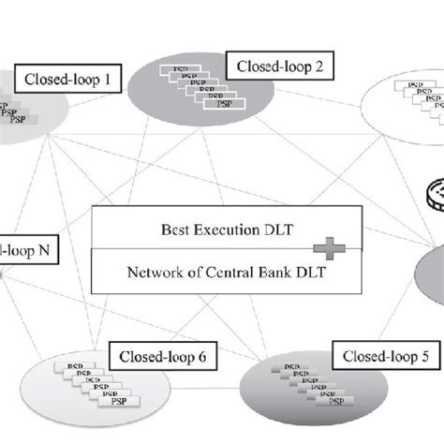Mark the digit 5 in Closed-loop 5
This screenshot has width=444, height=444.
click(x=420, y=356)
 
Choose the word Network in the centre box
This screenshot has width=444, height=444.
click(x=152, y=274)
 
